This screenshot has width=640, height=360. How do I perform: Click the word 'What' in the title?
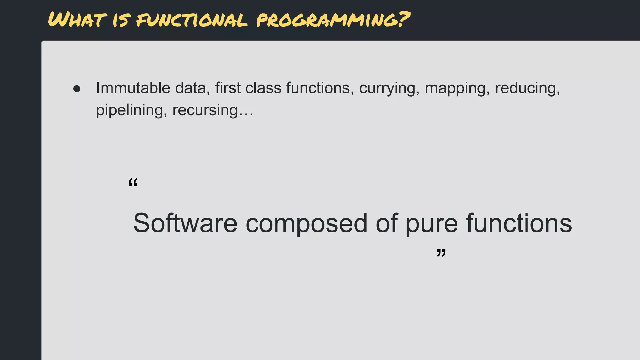click(x=75, y=20)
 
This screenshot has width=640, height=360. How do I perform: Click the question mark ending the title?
click(x=403, y=19)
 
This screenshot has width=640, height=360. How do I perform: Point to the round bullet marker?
click(x=77, y=89)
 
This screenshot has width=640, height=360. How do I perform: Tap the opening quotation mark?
click(x=133, y=182)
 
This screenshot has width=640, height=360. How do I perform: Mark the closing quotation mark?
click(x=441, y=252)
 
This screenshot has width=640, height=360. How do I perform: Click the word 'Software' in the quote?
click(x=185, y=223)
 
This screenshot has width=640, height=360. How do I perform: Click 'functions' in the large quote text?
click(x=519, y=223)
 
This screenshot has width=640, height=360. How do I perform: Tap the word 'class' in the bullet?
click(x=263, y=88)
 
